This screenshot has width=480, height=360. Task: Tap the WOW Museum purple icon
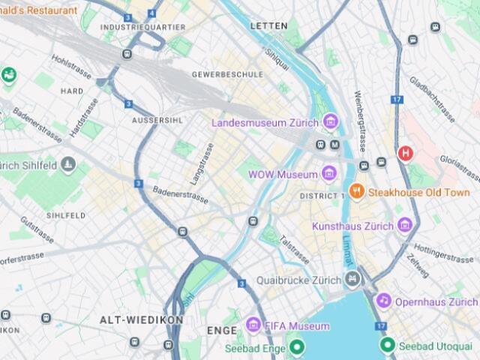pos(328,174)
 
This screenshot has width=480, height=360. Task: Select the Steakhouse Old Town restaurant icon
pos(357,192)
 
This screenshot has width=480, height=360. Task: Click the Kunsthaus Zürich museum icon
pos(405,225)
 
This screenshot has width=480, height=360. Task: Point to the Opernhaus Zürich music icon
pos(383,301)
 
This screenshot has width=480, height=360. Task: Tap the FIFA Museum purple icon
pos(253,326)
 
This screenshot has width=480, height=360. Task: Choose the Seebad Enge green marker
pos(297,346)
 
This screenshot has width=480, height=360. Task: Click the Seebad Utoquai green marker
pos(387,345)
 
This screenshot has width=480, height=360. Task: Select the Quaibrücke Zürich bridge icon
pos(352,280)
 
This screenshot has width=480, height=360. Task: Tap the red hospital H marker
pos(406,153)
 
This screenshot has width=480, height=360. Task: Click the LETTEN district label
pos(268,25)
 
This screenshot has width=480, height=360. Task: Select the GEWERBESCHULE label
pos(227,74)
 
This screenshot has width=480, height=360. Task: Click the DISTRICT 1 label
pos(322,196)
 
